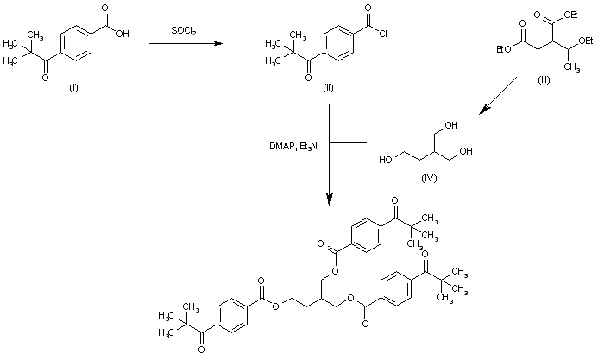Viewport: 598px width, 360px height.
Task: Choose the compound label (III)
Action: tap(543, 79)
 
